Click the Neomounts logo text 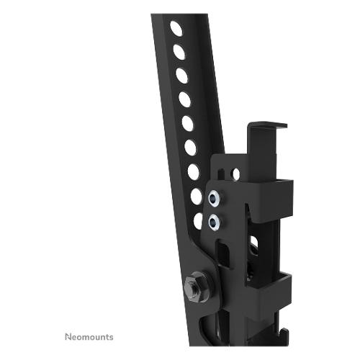(89, 337)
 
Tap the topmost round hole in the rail (176, 29)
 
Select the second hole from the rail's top (179, 52)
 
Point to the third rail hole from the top (182, 76)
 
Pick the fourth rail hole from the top (185, 99)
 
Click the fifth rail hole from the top (188, 123)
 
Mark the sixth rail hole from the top (191, 147)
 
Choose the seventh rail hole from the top (194, 172)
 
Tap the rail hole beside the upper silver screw (197, 197)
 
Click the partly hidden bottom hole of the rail (198, 221)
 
